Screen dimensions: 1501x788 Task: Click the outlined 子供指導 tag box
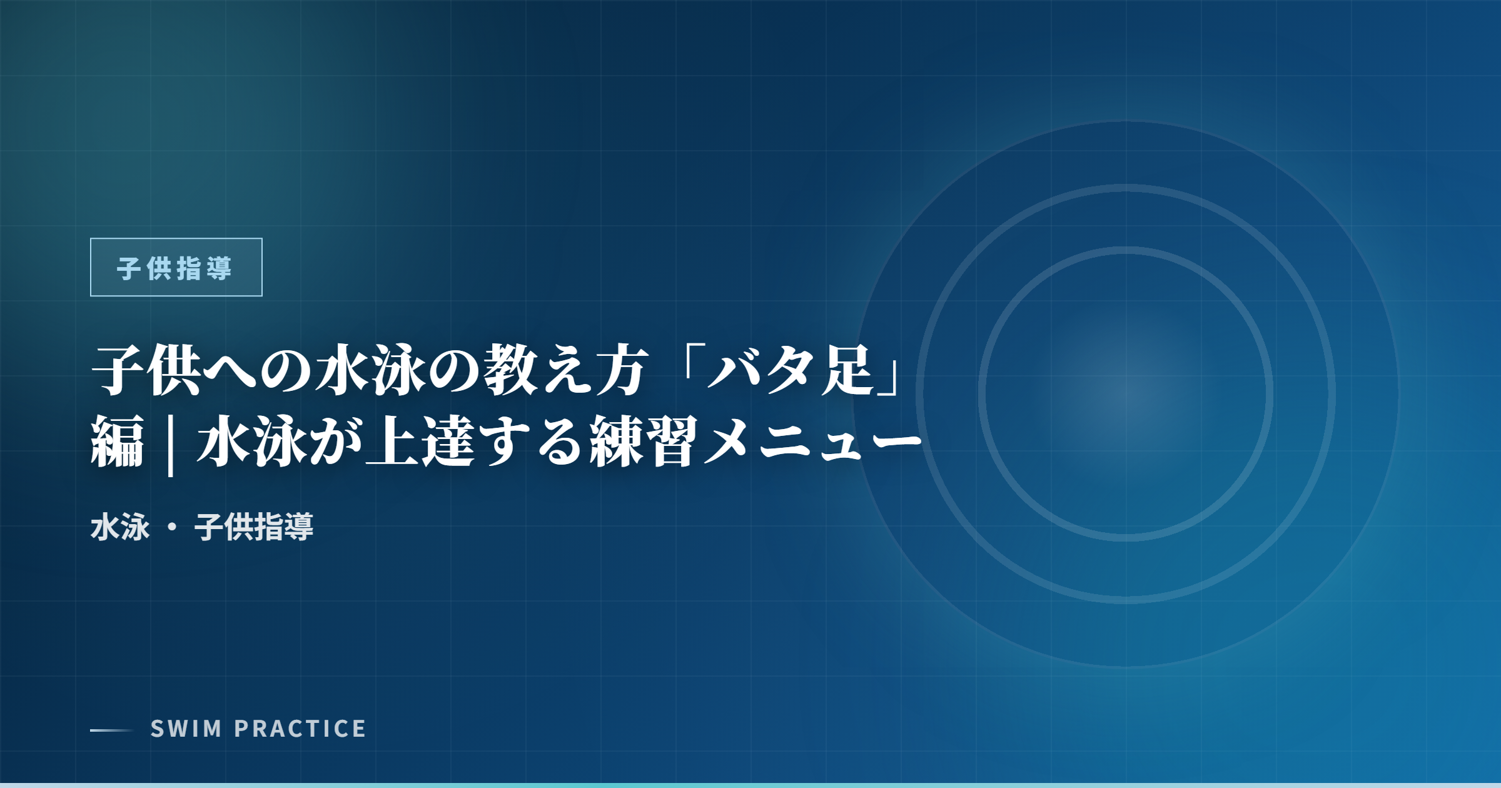[176, 267]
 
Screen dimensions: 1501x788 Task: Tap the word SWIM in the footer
[186, 729]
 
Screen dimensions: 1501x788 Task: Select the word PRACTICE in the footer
[300, 729]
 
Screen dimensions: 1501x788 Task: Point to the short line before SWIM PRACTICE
[111, 730]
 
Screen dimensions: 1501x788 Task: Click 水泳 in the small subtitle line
[120, 527]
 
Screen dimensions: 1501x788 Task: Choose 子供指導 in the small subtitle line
[254, 527]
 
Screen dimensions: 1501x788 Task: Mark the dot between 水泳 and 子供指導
[172, 527]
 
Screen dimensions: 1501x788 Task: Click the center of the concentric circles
[1126, 394]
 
